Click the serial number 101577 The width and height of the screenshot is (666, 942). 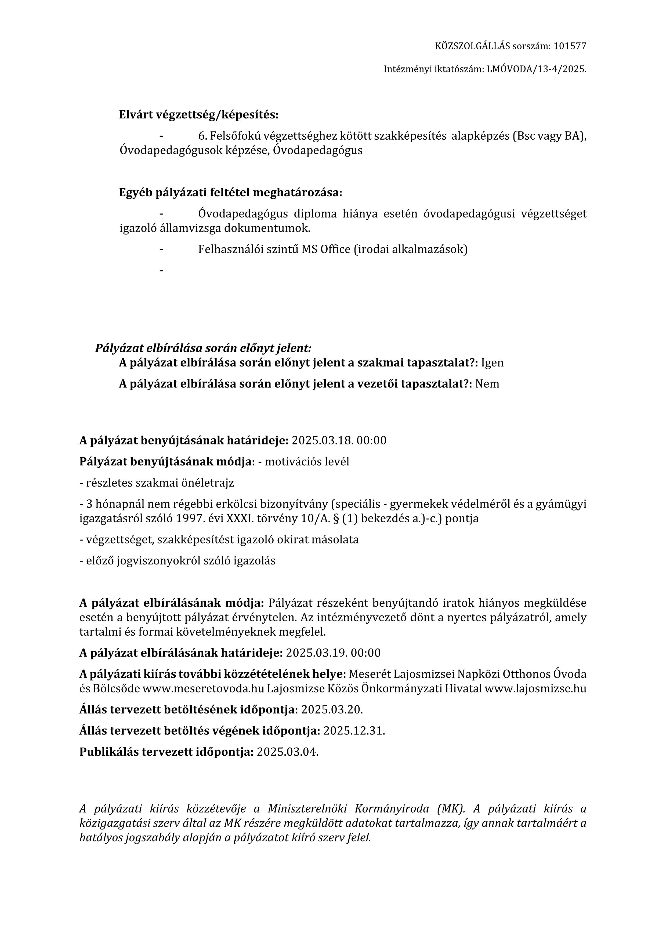coord(570,46)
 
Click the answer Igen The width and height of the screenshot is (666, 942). coord(493,363)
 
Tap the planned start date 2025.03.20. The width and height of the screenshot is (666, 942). coord(332,709)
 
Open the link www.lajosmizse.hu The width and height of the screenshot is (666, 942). coord(535,689)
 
